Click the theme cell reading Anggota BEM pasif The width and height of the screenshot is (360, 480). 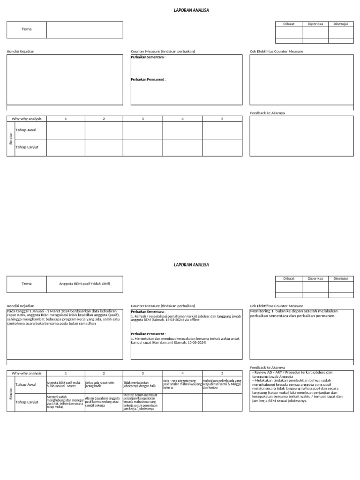(84, 284)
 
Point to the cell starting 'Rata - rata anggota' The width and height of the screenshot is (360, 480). (182, 384)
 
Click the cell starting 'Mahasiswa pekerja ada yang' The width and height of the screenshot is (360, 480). (222, 384)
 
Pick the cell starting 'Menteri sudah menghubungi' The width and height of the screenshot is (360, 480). (66, 402)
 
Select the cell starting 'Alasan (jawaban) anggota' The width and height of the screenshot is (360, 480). (104, 402)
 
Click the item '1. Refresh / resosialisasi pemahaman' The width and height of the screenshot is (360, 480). (186, 318)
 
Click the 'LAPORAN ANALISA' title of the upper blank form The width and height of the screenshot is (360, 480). (191, 10)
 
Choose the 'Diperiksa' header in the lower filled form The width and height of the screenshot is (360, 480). (315, 278)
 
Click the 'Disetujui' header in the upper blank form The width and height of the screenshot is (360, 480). (341, 24)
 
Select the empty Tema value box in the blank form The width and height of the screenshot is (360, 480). (84, 30)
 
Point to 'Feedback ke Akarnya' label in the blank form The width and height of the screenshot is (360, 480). (267, 113)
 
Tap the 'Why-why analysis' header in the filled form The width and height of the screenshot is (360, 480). (27, 374)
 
